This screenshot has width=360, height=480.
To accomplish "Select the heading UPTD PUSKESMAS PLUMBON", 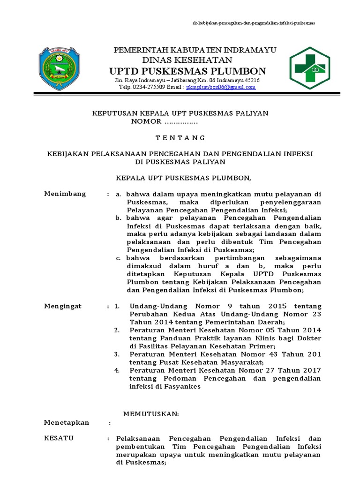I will click(187, 71).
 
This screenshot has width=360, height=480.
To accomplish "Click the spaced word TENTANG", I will click(180, 138).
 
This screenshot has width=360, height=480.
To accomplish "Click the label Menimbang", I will click(65, 194).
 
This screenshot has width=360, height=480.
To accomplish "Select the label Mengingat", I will click(63, 306).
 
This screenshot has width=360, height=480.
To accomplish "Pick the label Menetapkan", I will click(67, 422).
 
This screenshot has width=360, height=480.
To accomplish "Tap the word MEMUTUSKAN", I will click(151, 414).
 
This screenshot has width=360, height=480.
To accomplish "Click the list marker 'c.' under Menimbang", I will click(120, 258).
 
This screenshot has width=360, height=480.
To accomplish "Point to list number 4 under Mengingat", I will click(117, 370).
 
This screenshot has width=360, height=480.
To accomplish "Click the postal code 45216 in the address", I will click(251, 80).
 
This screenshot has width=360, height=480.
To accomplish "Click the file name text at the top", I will click(254, 23).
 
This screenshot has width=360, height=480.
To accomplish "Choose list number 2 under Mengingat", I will click(117, 330).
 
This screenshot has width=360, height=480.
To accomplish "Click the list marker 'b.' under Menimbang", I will click(120, 218).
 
